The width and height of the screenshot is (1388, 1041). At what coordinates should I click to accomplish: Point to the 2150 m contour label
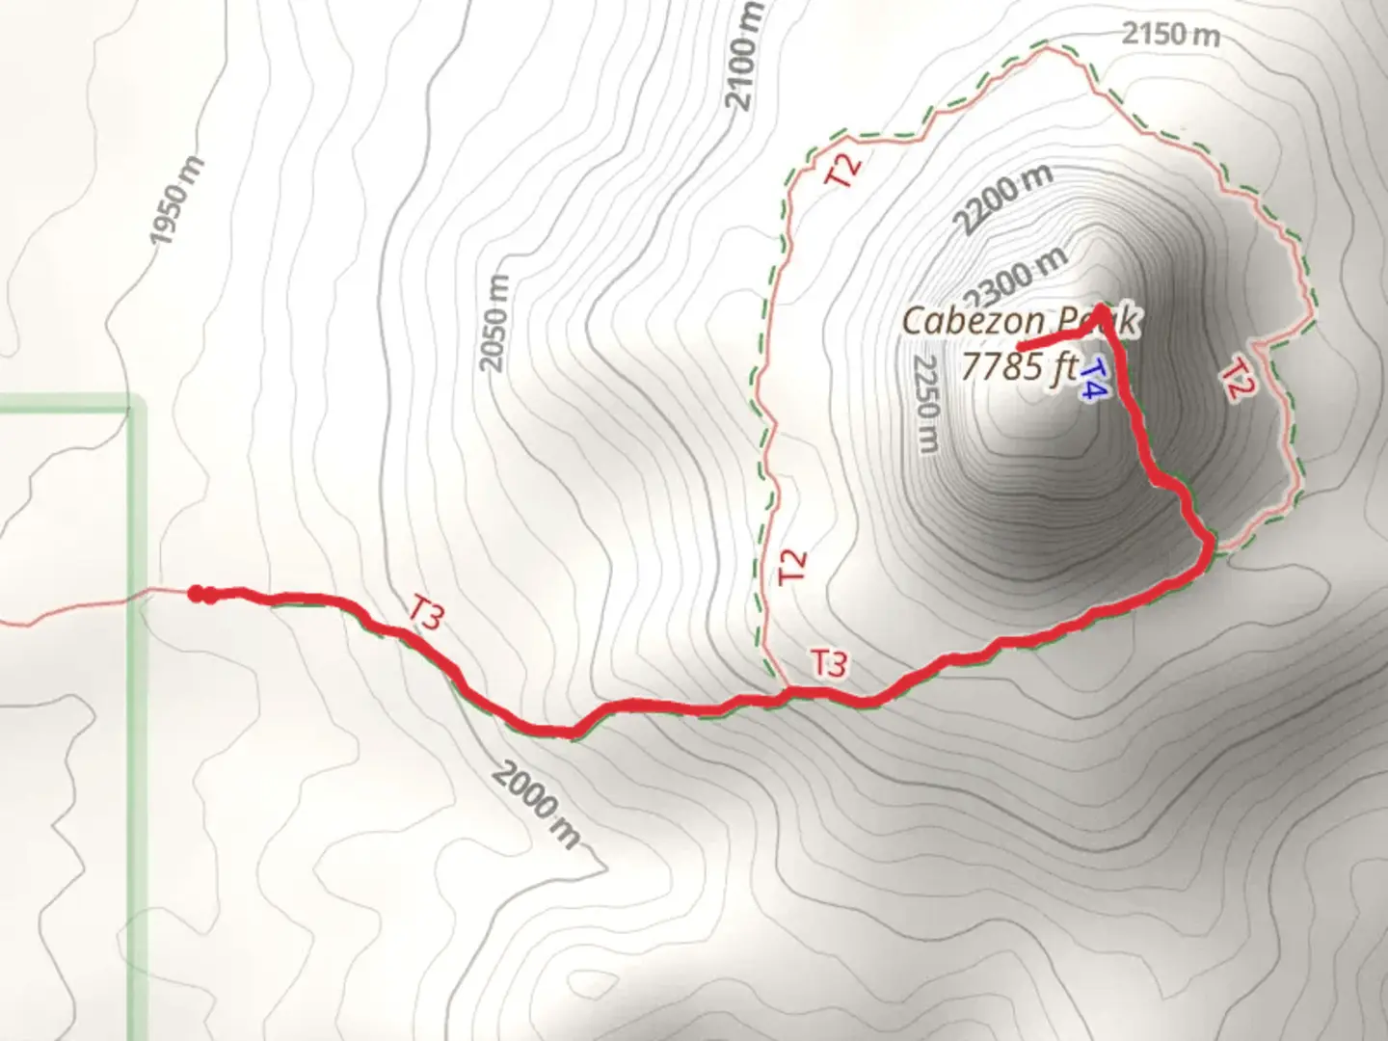coord(1170,35)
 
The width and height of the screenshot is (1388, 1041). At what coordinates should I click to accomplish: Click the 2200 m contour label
coord(1002,200)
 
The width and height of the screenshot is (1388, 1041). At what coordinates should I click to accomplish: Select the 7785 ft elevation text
coord(1018,366)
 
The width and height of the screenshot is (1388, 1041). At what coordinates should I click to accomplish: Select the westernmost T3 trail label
coord(425,613)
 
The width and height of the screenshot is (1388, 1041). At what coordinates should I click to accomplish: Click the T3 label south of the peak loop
coord(828,663)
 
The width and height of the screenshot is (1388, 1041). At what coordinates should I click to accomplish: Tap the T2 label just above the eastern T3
coord(791,566)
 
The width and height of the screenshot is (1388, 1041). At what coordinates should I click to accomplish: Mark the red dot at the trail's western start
coord(196,594)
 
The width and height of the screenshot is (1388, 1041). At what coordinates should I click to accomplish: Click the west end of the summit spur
coord(1020,345)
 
